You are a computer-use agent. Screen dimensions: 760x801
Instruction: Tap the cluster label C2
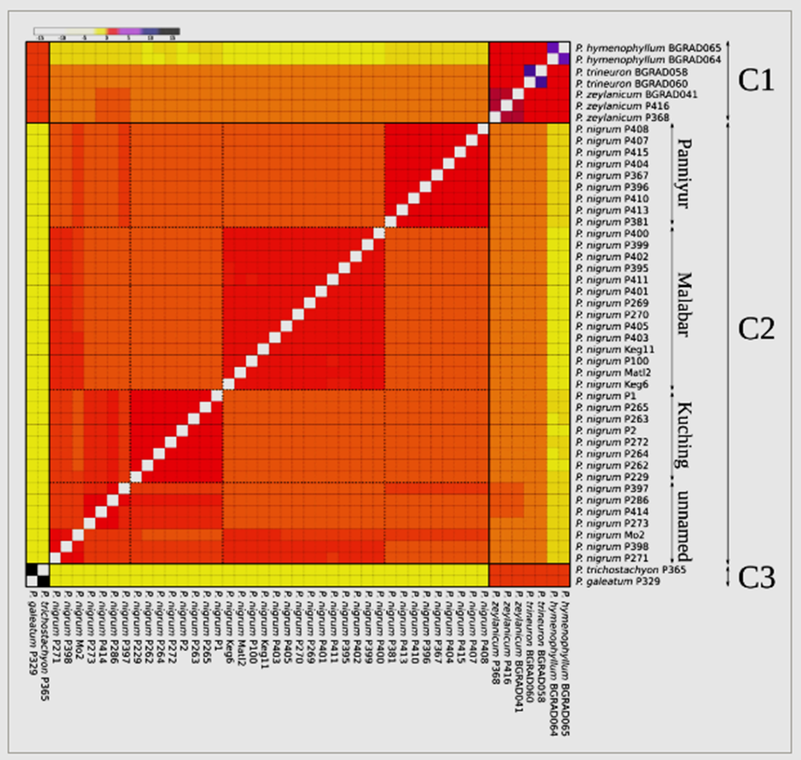point(757,329)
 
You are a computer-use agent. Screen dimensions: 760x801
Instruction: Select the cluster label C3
point(757,575)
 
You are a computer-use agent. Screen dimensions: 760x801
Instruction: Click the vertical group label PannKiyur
point(683,174)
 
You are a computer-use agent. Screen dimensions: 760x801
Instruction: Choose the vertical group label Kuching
point(684,435)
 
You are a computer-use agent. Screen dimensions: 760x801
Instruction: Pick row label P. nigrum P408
point(610,129)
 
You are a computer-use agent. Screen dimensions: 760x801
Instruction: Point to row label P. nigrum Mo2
point(608,535)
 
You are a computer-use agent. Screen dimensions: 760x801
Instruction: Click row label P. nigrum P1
point(604,396)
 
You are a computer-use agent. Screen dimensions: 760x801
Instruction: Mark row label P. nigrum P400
point(610,234)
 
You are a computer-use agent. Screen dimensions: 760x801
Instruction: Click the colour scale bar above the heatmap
point(107,31)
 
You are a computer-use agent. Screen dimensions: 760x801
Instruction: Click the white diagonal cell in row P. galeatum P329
point(44,581)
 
